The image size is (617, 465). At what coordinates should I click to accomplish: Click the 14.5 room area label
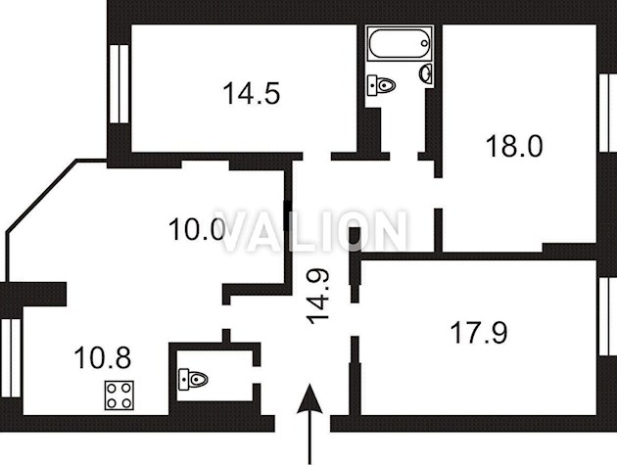pyautogui.click(x=252, y=94)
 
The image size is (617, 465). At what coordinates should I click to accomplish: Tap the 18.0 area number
pyautogui.click(x=514, y=146)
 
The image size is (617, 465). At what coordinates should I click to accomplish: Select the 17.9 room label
pyautogui.click(x=479, y=333)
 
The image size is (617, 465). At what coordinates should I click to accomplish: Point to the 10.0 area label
pyautogui.click(x=197, y=230)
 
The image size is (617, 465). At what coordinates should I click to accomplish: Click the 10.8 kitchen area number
pyautogui.click(x=102, y=357)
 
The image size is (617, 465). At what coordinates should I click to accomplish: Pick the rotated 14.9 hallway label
pyautogui.click(x=318, y=297)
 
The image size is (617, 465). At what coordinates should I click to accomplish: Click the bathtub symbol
pyautogui.click(x=400, y=43)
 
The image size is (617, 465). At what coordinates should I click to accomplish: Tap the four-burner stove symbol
pyautogui.click(x=119, y=395)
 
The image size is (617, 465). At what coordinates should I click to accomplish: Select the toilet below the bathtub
pyautogui.click(x=381, y=85)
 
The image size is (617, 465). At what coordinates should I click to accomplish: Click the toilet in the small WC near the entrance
pyautogui.click(x=193, y=380)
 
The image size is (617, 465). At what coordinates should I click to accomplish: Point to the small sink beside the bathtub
pyautogui.click(x=426, y=73)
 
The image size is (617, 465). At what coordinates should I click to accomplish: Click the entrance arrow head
pyautogui.click(x=309, y=398)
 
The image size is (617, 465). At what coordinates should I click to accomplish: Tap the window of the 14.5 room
pyautogui.click(x=119, y=84)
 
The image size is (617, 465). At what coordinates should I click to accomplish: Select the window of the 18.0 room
pyautogui.click(x=608, y=113)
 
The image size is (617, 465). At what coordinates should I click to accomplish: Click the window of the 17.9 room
pyautogui.click(x=608, y=316)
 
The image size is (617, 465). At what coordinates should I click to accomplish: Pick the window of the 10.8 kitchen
pyautogui.click(x=10, y=358)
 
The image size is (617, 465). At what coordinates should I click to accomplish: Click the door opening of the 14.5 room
pyautogui.click(x=316, y=157)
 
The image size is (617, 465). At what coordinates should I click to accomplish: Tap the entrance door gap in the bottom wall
pyautogui.click(x=303, y=423)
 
